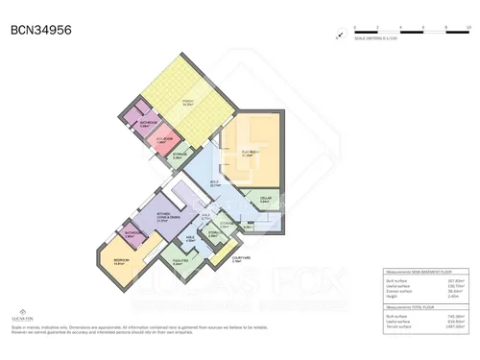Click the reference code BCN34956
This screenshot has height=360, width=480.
(40, 30)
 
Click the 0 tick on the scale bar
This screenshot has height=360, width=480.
(354, 31)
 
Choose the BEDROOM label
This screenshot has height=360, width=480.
(121, 261)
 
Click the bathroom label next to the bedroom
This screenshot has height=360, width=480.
(132, 232)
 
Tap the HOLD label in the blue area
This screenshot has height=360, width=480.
(215, 183)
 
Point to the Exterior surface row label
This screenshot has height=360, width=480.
(400, 291)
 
